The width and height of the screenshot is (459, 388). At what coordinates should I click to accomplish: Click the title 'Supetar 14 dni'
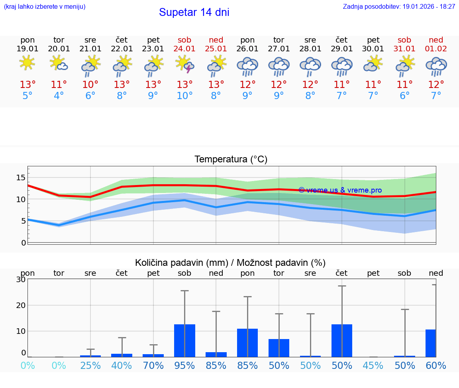(x=194, y=12)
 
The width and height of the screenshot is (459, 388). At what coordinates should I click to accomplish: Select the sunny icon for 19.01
(x=27, y=63)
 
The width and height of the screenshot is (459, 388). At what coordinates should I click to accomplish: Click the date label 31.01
(x=404, y=49)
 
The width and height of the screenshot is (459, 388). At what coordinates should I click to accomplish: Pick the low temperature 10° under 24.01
(x=185, y=96)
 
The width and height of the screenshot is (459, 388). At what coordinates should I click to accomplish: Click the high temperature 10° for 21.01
(x=90, y=85)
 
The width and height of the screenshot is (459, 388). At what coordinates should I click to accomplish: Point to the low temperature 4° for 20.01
(x=59, y=96)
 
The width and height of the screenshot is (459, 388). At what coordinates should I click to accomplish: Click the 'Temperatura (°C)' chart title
(x=231, y=160)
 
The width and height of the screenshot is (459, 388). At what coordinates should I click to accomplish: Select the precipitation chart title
(x=230, y=263)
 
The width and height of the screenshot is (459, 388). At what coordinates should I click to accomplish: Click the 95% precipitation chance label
(x=185, y=366)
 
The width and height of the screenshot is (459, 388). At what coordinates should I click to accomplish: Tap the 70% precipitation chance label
(x=153, y=366)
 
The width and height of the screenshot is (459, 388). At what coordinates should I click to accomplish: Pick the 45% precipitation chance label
(x=373, y=366)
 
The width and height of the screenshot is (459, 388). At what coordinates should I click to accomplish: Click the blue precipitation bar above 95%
(x=185, y=341)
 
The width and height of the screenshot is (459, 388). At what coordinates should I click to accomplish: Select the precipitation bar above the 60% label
(x=430, y=343)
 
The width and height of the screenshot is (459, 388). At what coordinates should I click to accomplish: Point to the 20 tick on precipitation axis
(x=21, y=305)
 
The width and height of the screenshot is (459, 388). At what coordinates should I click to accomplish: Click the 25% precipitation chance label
(x=90, y=366)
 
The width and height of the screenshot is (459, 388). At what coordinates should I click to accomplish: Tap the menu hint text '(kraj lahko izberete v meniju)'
(x=45, y=7)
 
